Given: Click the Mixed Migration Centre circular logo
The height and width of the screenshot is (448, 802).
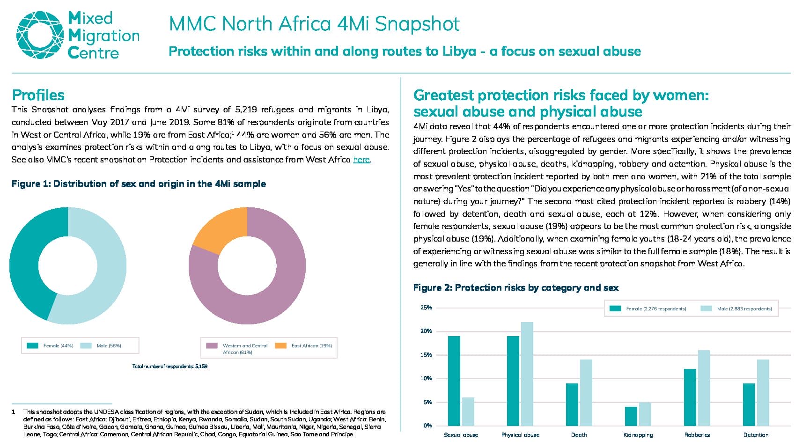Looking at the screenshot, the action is (x=40, y=35).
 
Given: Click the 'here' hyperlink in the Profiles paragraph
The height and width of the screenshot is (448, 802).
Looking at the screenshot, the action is (x=361, y=160).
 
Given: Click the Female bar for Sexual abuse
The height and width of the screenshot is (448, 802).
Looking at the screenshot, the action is (x=454, y=381).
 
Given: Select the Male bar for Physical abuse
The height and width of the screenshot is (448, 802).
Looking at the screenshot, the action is (x=527, y=374).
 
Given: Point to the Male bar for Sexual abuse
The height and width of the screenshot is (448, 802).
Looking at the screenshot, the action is (x=468, y=411).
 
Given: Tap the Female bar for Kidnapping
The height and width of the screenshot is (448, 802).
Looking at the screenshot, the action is (x=631, y=416).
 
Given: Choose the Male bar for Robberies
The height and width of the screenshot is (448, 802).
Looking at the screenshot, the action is (x=704, y=388).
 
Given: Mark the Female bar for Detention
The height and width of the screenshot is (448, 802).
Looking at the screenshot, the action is (x=749, y=404).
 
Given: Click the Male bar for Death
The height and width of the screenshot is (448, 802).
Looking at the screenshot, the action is (x=586, y=392).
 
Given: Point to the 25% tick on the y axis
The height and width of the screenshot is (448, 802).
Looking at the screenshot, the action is (x=426, y=308).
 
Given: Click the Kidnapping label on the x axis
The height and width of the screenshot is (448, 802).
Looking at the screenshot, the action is (x=638, y=435).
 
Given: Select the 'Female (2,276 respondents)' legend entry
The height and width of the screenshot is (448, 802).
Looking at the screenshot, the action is (x=647, y=308).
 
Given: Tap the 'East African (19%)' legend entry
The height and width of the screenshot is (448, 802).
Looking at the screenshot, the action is (x=303, y=345).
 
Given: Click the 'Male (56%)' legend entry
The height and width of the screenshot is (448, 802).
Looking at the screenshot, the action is (x=101, y=345).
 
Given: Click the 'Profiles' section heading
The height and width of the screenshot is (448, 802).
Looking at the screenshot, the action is (x=38, y=95).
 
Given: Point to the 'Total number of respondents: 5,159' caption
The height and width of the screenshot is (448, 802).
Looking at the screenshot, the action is (x=170, y=367).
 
